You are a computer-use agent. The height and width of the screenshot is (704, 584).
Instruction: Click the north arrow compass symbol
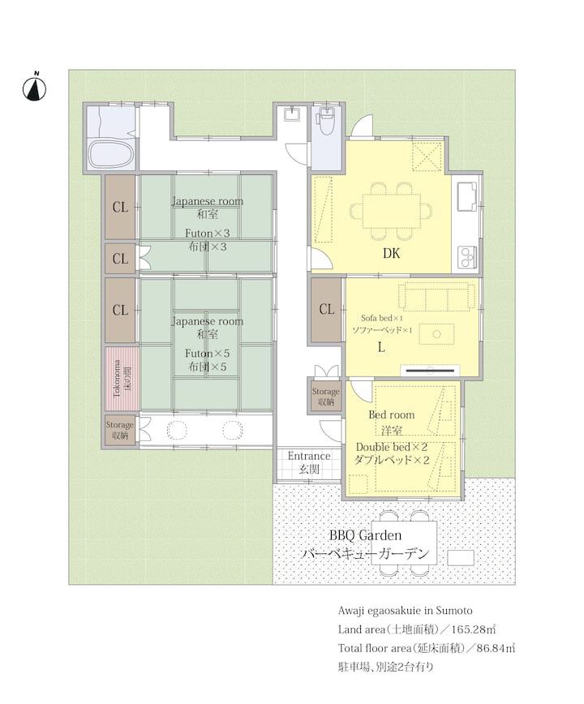(35, 87)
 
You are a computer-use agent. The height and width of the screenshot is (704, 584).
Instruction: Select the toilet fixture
(325, 119)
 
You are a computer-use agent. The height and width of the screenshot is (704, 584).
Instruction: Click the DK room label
(391, 254)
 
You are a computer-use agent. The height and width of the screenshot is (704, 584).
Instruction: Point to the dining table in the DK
(392, 211)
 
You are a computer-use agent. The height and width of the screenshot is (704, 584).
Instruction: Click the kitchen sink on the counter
(467, 195)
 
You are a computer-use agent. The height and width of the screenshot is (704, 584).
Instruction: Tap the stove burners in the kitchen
(467, 257)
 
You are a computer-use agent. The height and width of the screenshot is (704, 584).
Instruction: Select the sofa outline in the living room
(436, 296)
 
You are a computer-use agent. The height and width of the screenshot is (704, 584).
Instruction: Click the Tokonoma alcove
(122, 378)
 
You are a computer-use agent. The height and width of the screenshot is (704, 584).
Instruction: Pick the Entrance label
(309, 456)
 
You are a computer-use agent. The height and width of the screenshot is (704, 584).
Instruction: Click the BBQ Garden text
(365, 535)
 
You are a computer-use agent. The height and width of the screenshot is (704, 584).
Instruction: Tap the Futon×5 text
(208, 354)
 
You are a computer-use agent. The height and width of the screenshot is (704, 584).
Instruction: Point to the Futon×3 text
(208, 234)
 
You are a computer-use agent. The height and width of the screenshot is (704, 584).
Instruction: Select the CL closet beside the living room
(326, 309)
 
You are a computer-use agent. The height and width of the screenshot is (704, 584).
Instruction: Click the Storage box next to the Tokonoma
(120, 430)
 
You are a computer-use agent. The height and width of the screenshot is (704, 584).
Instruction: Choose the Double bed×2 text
(392, 447)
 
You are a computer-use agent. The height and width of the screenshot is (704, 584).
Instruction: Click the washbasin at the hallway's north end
(293, 114)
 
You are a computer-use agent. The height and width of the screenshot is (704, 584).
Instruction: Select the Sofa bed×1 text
(382, 318)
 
